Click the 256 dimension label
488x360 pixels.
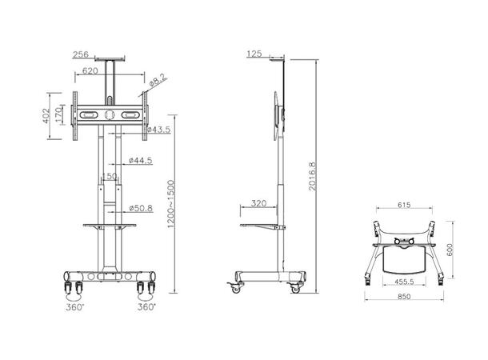[80, 55]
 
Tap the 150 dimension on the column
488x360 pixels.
[108, 177]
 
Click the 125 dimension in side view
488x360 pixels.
[254, 54]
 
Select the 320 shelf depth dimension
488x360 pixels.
[258, 203]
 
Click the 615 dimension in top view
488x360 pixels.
[404, 205]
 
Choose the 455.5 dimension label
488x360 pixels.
[403, 281]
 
